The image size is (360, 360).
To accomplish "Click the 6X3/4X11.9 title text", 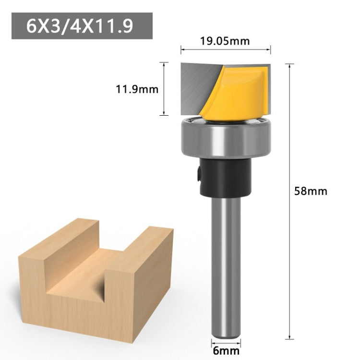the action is point(79,26).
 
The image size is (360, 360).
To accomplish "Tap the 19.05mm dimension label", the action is point(225,41).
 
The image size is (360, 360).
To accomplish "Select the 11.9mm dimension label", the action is point(137,89).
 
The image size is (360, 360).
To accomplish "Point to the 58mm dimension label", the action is point(311,191).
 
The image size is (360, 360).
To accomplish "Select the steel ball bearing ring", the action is point(226,138).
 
